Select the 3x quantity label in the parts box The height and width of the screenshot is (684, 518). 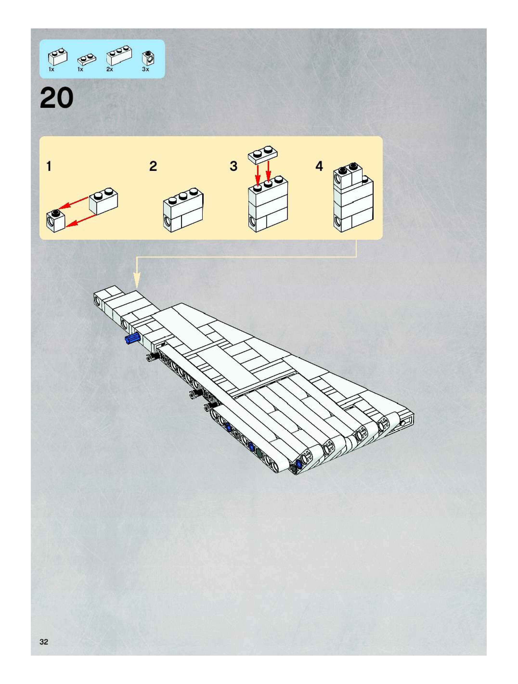145,69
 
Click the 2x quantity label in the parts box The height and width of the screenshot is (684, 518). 110,69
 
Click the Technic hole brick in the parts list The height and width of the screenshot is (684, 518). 149,58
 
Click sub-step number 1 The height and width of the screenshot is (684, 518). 49,166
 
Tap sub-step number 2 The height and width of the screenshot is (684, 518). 153,166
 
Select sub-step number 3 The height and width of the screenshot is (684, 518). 233,166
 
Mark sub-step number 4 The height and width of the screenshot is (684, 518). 319,166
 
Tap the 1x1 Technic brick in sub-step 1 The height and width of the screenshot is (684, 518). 56,221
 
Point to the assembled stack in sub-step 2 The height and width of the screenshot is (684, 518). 183,210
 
